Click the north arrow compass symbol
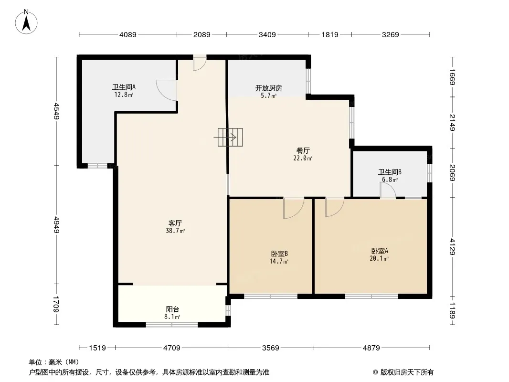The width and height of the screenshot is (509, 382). tap(26, 22)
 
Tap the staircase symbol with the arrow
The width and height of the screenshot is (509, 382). tap(230, 138)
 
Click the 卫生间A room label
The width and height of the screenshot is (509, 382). tap(124, 87)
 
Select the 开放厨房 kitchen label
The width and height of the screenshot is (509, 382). tap(268, 88)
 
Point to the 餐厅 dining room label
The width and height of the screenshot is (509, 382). tap(303, 150)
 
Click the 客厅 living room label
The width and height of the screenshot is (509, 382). tap(175, 223)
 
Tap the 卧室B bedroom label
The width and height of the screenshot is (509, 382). tap(279, 254)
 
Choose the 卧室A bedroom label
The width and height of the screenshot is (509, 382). tap(380, 251)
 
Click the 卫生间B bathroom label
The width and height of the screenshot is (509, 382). tap(390, 172)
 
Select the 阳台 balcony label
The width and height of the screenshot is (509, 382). tap(172, 309)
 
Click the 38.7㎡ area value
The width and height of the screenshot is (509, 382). tap(175, 231)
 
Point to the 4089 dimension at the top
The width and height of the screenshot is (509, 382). tap(128, 34)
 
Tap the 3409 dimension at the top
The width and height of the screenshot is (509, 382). tap(267, 34)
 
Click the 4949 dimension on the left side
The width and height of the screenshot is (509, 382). tap(57, 224)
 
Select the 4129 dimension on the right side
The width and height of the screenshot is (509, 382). tap(453, 247)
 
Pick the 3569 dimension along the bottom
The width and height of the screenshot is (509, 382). tap(270, 348)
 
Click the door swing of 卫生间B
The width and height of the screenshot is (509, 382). tap(388, 190)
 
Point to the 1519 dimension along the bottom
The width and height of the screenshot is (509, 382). tap(97, 348)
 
